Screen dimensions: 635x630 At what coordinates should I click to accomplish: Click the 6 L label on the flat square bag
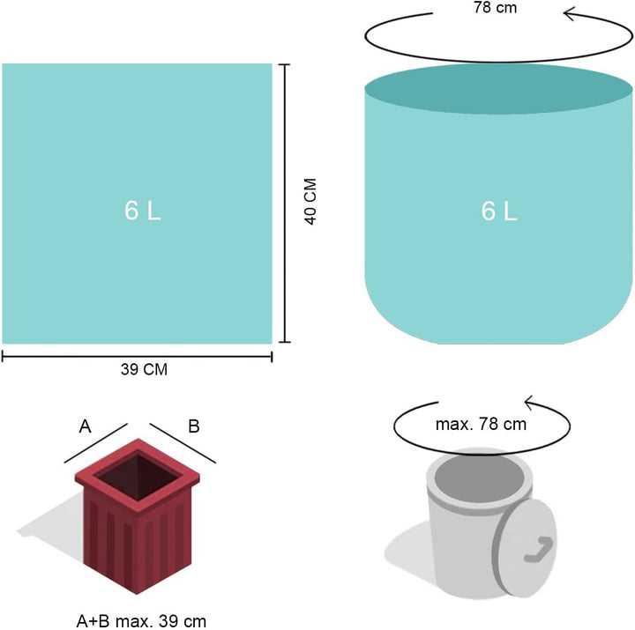(143, 211)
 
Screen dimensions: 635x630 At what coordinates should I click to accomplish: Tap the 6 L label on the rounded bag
(499, 211)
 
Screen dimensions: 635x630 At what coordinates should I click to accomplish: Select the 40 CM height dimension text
(310, 202)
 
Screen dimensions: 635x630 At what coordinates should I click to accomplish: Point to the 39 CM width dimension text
(144, 369)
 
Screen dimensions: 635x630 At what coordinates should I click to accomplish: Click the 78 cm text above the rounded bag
(496, 7)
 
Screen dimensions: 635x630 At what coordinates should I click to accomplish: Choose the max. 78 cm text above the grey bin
(482, 424)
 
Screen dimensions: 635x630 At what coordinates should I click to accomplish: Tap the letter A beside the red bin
(85, 426)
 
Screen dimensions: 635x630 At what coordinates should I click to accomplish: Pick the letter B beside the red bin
(194, 426)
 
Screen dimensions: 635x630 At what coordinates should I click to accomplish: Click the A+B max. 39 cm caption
(141, 621)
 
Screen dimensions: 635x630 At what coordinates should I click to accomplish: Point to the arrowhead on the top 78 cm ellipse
(571, 15)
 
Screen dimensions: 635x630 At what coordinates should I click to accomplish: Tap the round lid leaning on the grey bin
(525, 548)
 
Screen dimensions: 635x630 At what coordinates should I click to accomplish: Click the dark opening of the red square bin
(138, 477)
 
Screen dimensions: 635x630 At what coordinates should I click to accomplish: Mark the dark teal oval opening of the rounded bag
(498, 89)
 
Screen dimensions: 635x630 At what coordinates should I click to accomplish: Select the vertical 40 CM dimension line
(285, 204)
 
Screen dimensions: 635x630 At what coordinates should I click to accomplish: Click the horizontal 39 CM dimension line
(137, 357)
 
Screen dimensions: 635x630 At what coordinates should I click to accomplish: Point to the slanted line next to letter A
(96, 443)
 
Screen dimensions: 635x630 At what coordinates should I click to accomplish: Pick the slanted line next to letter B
(183, 443)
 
